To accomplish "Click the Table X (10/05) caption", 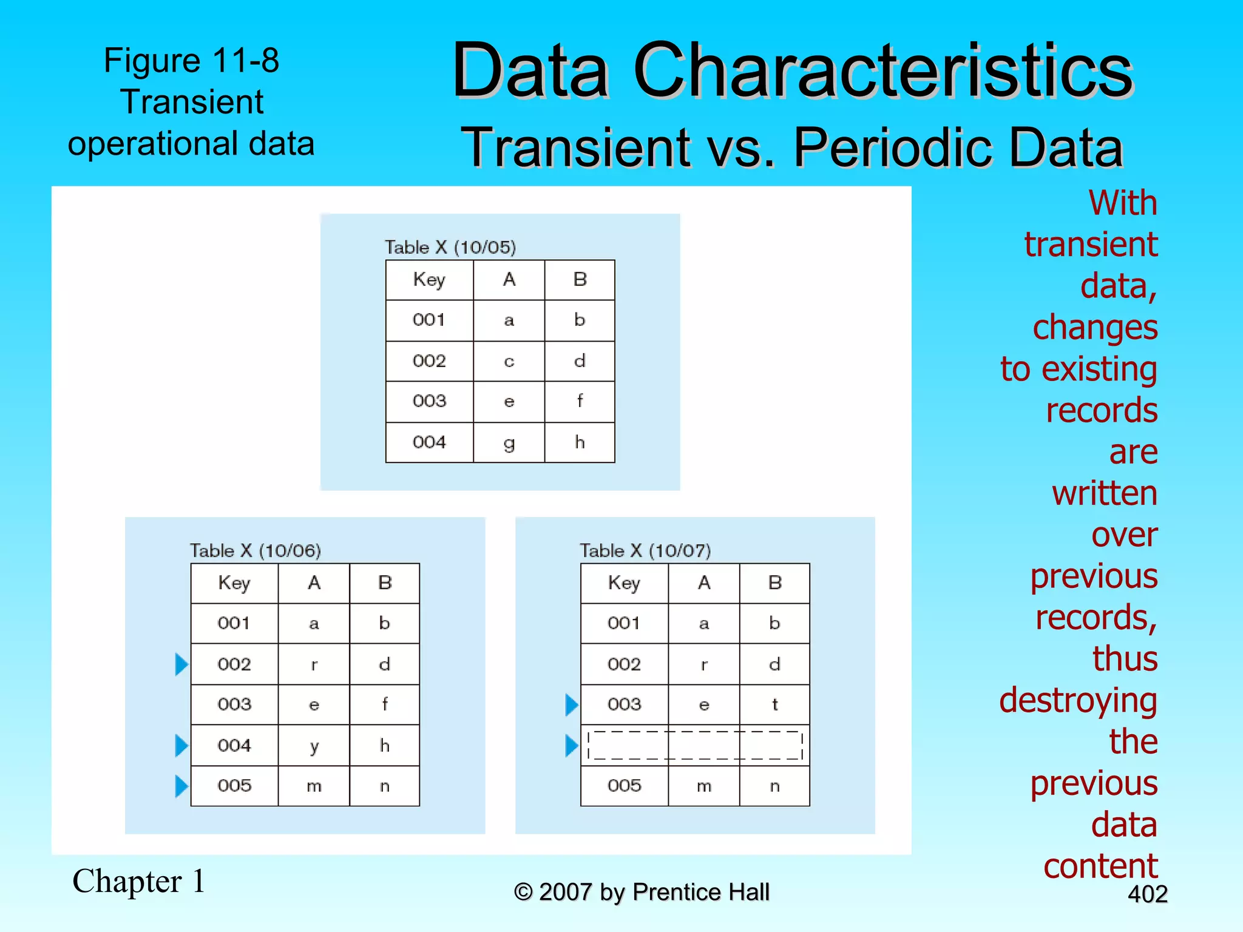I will coord(450,247).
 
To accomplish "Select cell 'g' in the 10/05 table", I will coord(509,443).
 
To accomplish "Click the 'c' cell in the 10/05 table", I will coord(509,362).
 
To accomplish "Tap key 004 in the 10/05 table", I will coord(429,442).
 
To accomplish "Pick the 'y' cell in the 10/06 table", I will coord(314,746).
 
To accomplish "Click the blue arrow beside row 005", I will coord(181,786).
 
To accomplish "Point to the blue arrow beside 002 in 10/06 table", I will coord(181,664).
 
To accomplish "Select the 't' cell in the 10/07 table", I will coord(774,704).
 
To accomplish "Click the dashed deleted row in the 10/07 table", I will coord(695,746).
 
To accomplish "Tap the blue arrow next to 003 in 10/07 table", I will coord(571,705).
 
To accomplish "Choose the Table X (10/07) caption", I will coord(645,550).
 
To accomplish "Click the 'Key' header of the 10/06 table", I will coord(234,583).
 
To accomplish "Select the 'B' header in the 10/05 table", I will coord(580,280).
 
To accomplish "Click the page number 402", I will coord(1147,894).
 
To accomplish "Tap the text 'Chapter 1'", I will coord(139,881).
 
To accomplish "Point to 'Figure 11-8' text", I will coord(191,60).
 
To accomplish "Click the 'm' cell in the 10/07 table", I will coord(704,786).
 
